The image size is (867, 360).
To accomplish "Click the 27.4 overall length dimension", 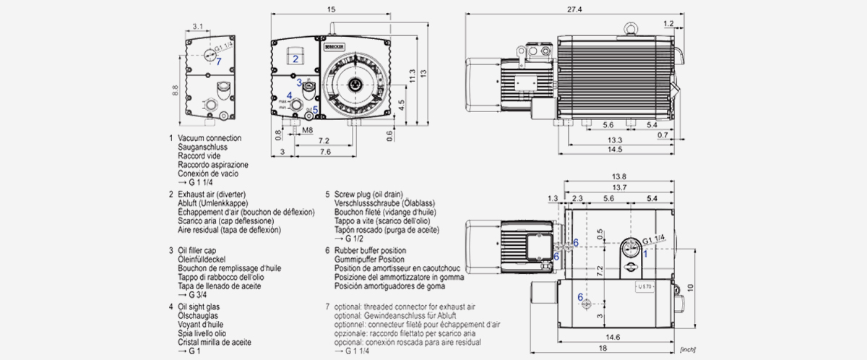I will coord(575,9).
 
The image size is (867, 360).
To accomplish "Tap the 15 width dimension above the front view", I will coord(330,9).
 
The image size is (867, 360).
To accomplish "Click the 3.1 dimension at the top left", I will coord(197,27).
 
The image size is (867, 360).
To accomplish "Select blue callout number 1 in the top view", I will coord(645,254).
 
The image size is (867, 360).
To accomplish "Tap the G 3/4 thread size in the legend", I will coord(191,295).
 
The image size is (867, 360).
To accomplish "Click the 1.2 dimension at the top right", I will coord(668,24).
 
